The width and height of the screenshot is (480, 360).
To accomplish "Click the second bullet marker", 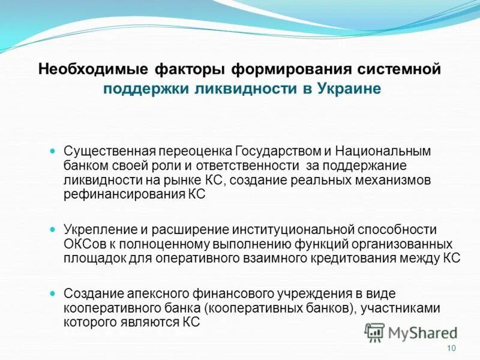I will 52,229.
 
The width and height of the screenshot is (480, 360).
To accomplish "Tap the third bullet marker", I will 52,293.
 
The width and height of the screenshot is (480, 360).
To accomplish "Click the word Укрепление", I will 94,230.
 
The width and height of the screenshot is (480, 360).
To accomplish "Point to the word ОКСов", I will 80,245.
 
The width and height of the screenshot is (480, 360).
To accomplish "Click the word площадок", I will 90,259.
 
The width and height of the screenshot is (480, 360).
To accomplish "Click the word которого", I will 86,322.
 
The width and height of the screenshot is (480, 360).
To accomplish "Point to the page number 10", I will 452,349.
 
